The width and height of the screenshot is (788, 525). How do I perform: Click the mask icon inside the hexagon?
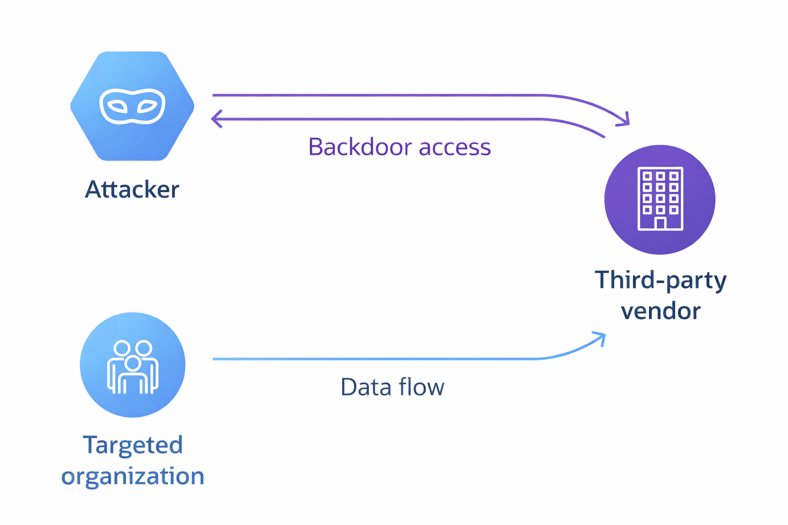pyautogui.click(x=132, y=106)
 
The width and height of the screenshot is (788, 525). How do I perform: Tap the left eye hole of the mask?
pyautogui.click(x=117, y=107)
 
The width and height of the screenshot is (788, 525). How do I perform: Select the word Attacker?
pyautogui.click(x=132, y=189)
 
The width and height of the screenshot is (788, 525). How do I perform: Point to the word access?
pyautogui.click(x=455, y=147)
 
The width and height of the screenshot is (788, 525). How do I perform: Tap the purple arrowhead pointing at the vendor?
pyautogui.click(x=624, y=121)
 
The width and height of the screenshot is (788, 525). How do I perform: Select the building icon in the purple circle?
pyautogui.click(x=660, y=199)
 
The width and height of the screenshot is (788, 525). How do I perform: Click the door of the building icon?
pyautogui.click(x=660, y=224)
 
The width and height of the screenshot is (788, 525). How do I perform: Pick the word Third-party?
pyautogui.click(x=660, y=280)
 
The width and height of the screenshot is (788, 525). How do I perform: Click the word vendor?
pyautogui.click(x=660, y=311)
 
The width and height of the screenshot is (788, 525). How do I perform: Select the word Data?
pyautogui.click(x=363, y=387)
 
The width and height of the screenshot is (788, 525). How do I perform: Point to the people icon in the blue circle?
pyautogui.click(x=132, y=367)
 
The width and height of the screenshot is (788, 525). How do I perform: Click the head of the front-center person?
pyautogui.click(x=132, y=363)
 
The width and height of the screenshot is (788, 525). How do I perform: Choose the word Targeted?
pyautogui.click(x=132, y=445)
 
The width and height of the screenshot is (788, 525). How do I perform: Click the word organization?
pyautogui.click(x=132, y=476)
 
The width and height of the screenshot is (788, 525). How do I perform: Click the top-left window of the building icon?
pyautogui.click(x=647, y=176)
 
